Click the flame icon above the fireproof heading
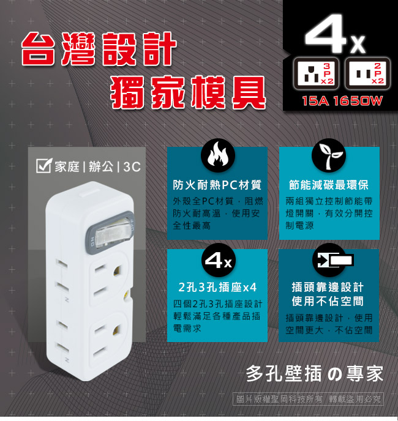tap(218, 155)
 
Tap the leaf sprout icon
tap(328, 155)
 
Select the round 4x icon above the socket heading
tap(218, 260)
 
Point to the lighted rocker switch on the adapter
tap(111, 233)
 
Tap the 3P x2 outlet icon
tap(316, 73)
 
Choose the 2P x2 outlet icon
tap(367, 73)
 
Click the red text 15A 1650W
tap(342, 101)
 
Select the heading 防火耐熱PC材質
tap(217, 185)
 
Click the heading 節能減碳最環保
tap(329, 185)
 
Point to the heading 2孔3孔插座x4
tap(217, 287)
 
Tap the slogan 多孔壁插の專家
tap(315, 373)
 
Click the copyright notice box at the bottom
tap(308, 399)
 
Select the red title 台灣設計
tap(99, 49)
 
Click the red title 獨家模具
tap(188, 92)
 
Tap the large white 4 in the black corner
tap(326, 34)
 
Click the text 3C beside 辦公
tap(132, 167)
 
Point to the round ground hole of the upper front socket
tap(118, 270)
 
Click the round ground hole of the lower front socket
tap(118, 331)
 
